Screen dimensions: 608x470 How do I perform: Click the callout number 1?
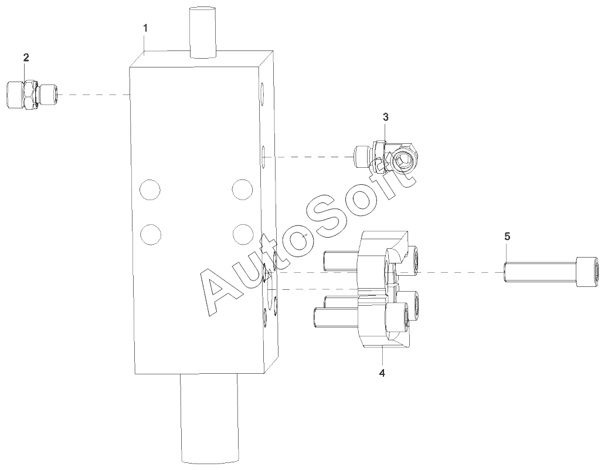[x=145, y=28]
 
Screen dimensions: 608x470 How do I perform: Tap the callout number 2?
[x=26, y=58]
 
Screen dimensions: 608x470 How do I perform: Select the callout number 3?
[x=385, y=116]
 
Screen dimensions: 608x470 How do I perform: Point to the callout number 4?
[x=382, y=373]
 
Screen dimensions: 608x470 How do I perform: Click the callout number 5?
[x=507, y=236]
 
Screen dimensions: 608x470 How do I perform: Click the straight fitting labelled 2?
[x=33, y=95]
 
